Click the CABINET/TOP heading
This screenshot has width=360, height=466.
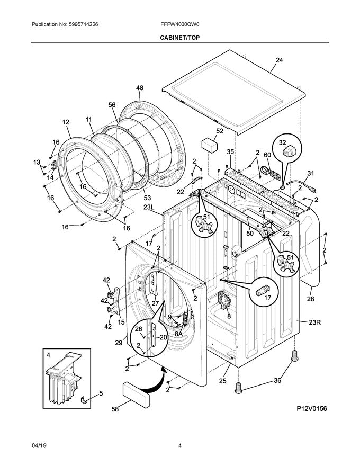[x=179, y=38]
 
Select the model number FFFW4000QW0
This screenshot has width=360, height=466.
[x=179, y=25]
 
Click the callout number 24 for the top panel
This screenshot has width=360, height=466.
[x=279, y=60]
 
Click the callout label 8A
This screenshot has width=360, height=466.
[x=179, y=334]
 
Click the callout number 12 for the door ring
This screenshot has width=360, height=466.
[x=66, y=122]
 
